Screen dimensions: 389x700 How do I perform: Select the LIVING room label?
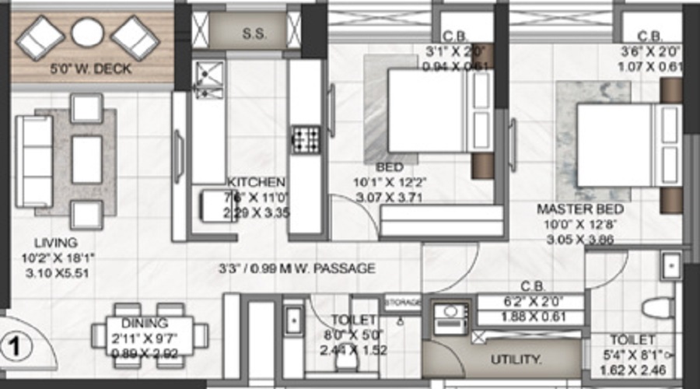click(x=61, y=243)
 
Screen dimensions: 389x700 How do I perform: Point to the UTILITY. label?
click(x=516, y=359)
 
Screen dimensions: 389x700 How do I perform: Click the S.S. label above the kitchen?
click(x=253, y=34)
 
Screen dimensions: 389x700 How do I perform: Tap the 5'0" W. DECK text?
click(x=91, y=69)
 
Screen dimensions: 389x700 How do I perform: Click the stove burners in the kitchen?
click(x=306, y=139)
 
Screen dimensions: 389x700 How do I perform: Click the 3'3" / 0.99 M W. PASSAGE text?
click(x=297, y=269)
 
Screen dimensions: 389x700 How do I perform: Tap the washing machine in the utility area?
click(x=449, y=317)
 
